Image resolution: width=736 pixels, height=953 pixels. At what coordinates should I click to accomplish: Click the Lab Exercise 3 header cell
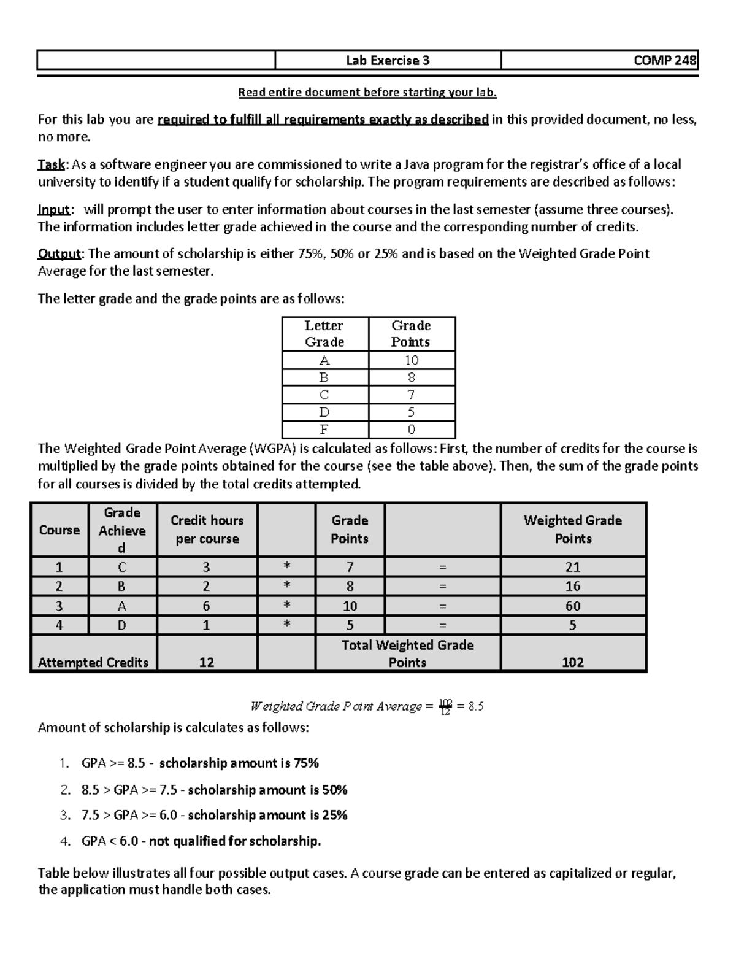pos(388,60)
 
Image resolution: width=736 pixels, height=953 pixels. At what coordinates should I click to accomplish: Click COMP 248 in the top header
pos(665,60)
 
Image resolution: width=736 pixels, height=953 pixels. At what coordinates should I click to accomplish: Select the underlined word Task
pos(53,164)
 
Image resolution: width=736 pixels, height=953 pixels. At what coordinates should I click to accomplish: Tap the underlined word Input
pos(54,209)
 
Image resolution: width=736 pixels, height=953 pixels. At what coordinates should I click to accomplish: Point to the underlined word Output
pos(59,253)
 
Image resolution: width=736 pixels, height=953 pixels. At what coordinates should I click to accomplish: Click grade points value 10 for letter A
pos(411,360)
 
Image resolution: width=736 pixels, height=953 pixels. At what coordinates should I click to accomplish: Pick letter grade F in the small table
pos(324,430)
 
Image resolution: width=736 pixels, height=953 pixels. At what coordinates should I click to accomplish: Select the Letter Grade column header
pos(324,334)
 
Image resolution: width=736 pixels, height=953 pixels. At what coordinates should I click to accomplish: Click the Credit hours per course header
pos(207,530)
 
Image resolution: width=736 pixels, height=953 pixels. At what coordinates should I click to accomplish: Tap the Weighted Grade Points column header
pos(572,530)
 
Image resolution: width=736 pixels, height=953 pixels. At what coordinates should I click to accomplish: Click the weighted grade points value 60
pos(572,606)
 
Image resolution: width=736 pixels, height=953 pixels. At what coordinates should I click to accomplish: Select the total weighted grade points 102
pos(572,662)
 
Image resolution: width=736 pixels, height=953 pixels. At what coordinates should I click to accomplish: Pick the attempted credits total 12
pos(207,662)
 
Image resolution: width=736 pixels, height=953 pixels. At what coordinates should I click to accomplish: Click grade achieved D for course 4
pos(122,625)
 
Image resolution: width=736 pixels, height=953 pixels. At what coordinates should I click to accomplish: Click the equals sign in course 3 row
pos(443,606)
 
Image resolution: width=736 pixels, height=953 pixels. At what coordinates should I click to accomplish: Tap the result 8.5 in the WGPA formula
pos(476,706)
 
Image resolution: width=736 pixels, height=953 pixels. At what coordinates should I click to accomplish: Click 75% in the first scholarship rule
pos(306,763)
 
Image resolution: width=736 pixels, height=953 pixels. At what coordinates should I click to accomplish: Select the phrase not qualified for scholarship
pos(235,841)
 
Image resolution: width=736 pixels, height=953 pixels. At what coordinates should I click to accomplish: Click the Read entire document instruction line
pos(367,93)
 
